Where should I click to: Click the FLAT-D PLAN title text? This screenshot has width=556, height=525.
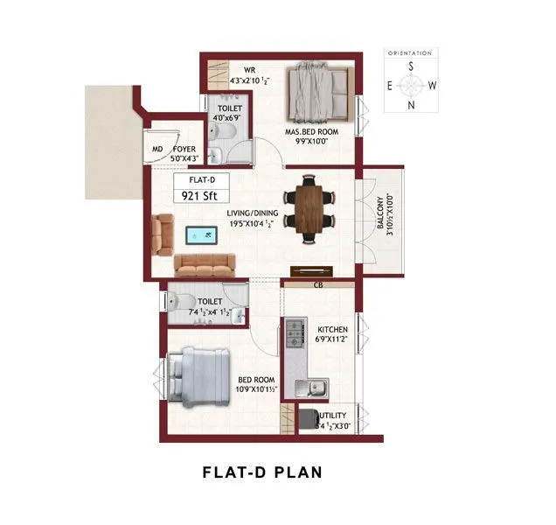point(262,472)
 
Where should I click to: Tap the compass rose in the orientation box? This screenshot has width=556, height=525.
point(411,86)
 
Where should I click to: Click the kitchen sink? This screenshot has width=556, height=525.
point(313,385)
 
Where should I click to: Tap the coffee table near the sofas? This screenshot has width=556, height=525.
point(202,234)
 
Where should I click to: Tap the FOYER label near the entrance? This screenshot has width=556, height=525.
point(184,149)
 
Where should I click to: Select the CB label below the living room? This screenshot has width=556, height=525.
point(317,284)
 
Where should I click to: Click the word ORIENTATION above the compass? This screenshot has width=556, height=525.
point(411,53)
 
